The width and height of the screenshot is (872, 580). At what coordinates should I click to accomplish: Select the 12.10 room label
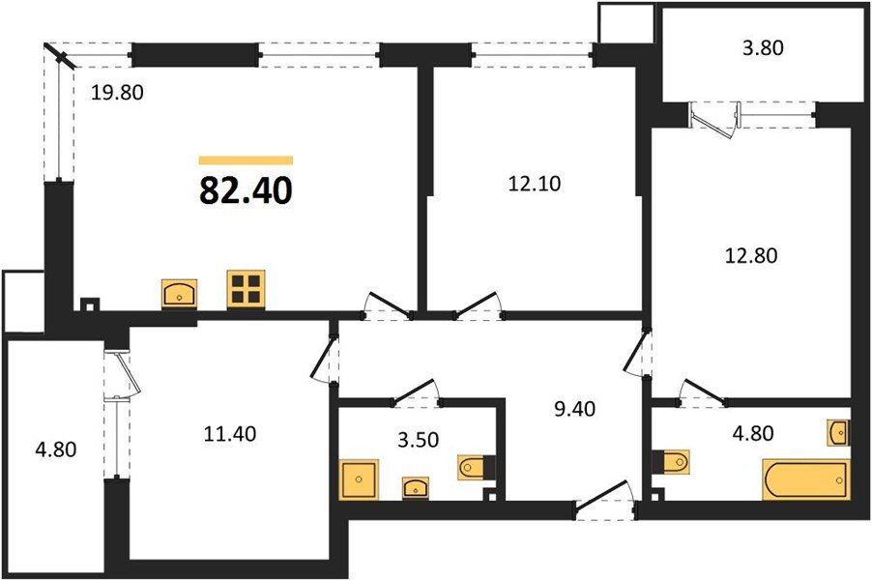click(532, 182)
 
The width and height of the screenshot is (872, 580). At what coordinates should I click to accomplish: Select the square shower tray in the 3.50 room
click(359, 478)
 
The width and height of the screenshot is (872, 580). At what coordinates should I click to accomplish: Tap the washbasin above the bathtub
click(837, 431)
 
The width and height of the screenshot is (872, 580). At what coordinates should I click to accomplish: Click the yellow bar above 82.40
click(246, 160)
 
